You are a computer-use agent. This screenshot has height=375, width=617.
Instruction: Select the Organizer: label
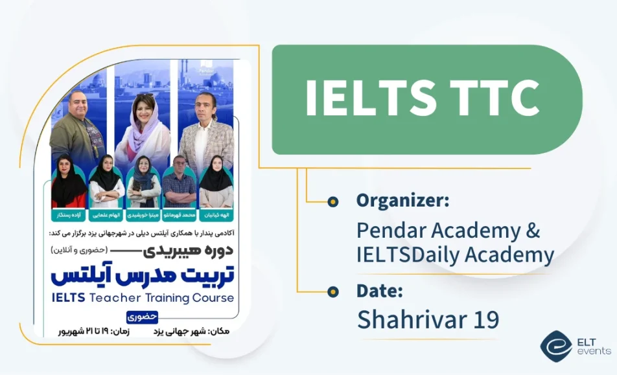pyautogui.click(x=402, y=201)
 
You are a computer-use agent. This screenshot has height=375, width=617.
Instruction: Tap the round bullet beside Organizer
pyautogui.click(x=333, y=202)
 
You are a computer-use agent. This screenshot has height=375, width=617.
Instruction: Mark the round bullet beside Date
pyautogui.click(x=333, y=291)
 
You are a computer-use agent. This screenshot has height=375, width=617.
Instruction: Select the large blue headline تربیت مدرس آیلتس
pyautogui.click(x=143, y=276)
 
